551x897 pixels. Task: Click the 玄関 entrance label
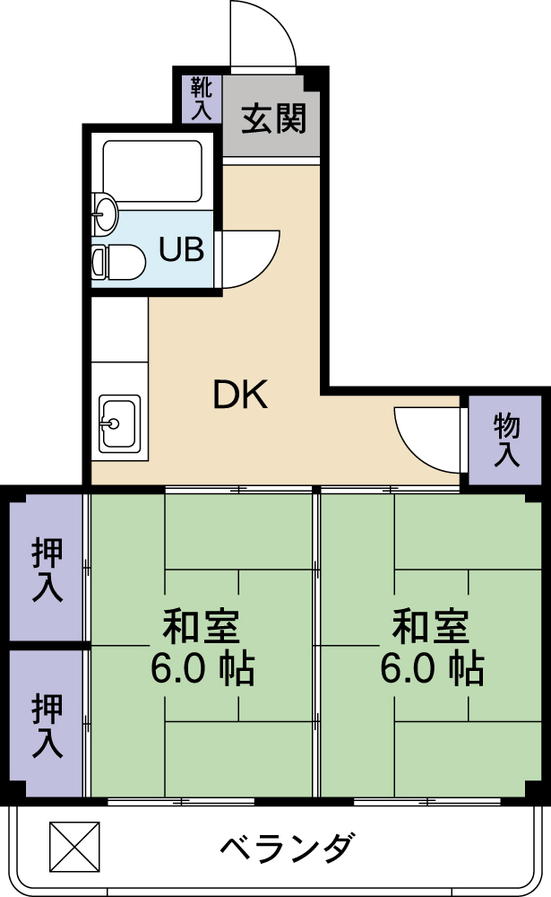click(272, 118)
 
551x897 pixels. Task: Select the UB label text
click(181, 249)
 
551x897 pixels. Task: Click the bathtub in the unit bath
click(151, 170)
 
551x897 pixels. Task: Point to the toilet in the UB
click(116, 262)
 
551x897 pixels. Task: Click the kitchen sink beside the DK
click(118, 422)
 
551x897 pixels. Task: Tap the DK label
click(240, 395)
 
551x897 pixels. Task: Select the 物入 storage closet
click(506, 440)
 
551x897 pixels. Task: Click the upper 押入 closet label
click(47, 569)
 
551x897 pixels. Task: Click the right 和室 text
click(432, 626)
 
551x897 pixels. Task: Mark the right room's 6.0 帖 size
click(432, 668)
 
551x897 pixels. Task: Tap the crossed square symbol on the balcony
click(71, 845)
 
